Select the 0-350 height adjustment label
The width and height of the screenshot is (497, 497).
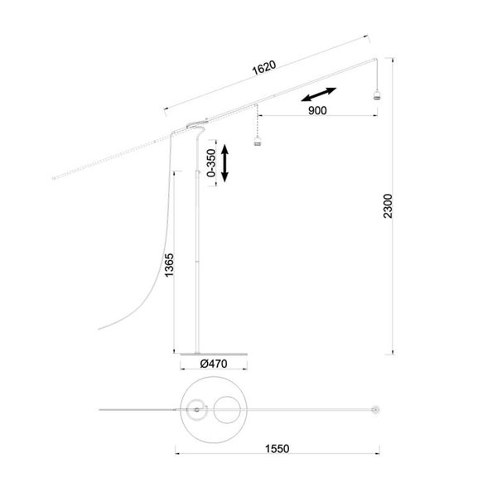coord(210,164)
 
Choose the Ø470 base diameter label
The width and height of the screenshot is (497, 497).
coord(213,363)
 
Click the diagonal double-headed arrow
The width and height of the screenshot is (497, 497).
coord(317,95)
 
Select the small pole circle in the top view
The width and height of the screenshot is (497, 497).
coord(196,408)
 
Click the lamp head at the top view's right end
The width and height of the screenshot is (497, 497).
coord(377,409)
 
